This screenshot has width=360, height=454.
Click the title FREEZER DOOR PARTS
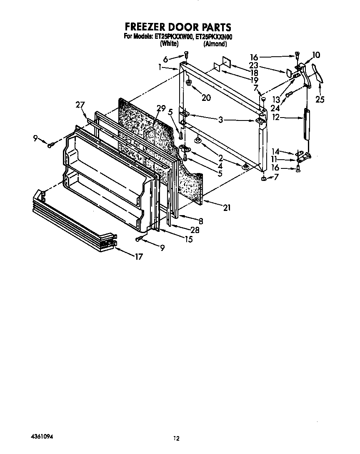pyautogui.click(x=178, y=28)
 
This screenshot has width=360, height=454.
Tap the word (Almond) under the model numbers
pyautogui.click(x=215, y=43)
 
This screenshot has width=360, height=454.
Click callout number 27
pyautogui.click(x=80, y=105)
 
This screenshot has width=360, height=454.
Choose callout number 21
pyautogui.click(x=227, y=207)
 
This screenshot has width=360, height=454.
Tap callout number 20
pyautogui.click(x=206, y=98)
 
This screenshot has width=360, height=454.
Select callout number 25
pyautogui.click(x=320, y=99)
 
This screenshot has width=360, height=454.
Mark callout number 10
pyautogui.click(x=316, y=55)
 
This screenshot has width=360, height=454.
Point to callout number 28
pyautogui.click(x=195, y=230)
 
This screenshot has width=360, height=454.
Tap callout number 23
pyautogui.click(x=254, y=65)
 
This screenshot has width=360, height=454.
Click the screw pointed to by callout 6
pyautogui.click(x=187, y=54)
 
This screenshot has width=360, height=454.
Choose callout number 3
pyautogui.click(x=221, y=120)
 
